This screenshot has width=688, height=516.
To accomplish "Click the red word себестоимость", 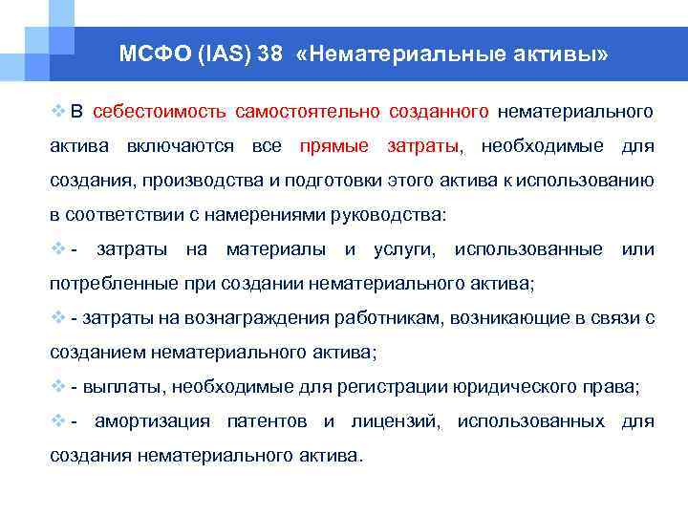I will coord(160,112).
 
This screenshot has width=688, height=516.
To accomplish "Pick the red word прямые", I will coord(333,146).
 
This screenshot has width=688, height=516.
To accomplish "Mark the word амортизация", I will coord(156,421).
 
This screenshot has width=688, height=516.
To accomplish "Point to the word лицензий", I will coord(394,421).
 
